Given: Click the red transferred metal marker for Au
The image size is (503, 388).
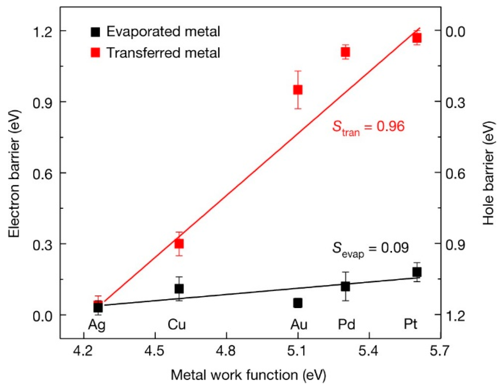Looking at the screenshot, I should (298, 90).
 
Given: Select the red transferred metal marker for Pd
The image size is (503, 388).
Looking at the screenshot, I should (345, 52).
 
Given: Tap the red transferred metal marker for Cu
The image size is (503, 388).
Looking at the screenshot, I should (179, 244).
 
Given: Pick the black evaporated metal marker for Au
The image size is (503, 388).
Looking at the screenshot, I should (298, 303).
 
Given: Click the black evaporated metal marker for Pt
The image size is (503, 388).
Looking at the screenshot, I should (417, 272).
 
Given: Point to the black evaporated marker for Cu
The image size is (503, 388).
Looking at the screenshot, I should (179, 289).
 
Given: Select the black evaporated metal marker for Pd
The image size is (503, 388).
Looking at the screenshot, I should (345, 286).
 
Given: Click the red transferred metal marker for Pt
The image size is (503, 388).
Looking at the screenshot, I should (417, 38).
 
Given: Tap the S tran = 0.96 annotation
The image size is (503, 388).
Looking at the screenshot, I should (368, 127).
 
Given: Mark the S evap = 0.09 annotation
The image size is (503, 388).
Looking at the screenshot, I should (370, 249).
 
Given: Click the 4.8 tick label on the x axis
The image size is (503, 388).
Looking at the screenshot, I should (226, 351).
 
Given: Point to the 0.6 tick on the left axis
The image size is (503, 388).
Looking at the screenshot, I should (42, 173).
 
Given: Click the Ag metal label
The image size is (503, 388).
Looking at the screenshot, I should (96, 325).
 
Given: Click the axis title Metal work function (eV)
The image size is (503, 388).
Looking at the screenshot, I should (248, 375).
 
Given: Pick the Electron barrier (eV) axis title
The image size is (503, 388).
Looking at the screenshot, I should (14, 173).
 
